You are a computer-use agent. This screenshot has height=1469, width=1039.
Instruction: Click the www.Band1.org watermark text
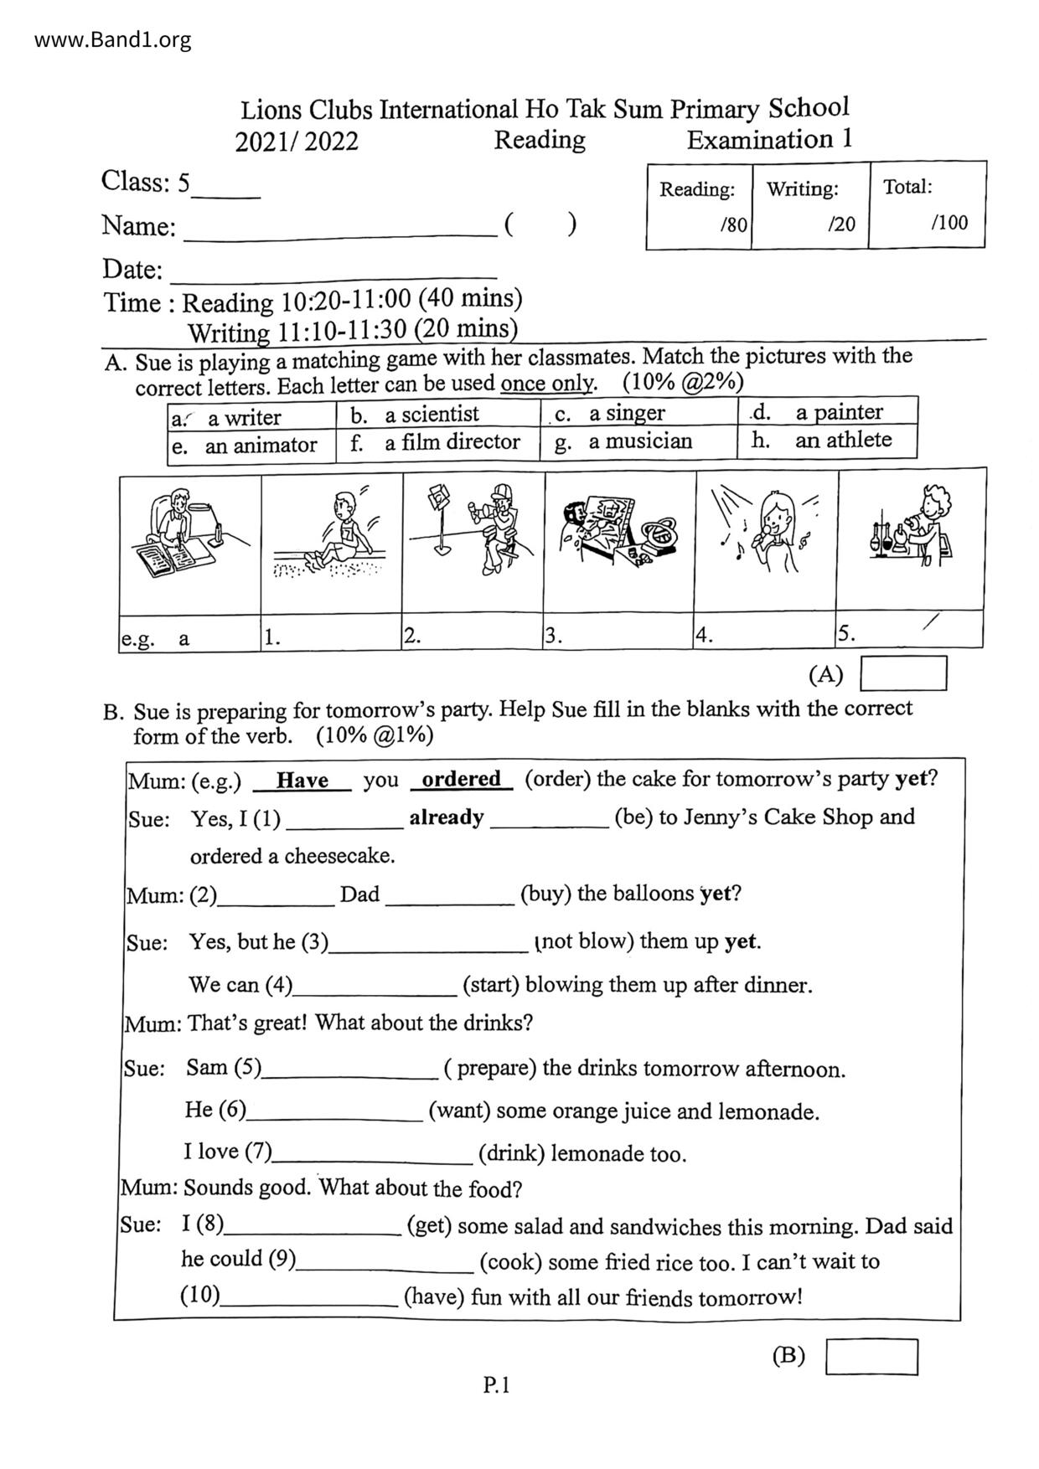pos(113,39)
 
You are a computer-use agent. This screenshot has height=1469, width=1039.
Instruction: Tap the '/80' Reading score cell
pos(733,224)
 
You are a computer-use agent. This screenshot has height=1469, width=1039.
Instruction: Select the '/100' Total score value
pos(949,222)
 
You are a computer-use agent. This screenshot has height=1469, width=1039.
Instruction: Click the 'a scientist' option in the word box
pos(431,414)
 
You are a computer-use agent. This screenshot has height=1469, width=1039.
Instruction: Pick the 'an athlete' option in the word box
pos(842,440)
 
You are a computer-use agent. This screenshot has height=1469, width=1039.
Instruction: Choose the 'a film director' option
pos(452,441)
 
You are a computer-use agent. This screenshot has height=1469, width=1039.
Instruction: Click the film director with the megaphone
pos(494,528)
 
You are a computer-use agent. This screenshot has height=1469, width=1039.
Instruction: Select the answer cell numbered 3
pos(618,635)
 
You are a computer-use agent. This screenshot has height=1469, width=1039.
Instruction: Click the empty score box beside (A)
pos(904,673)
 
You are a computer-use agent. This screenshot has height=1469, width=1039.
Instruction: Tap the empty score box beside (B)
pos(871,1357)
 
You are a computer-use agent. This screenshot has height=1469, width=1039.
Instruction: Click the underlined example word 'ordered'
pos(461,779)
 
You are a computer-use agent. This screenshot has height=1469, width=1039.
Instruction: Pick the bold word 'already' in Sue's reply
pos(446,817)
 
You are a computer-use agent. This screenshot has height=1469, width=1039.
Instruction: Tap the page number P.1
pos(497,1386)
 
